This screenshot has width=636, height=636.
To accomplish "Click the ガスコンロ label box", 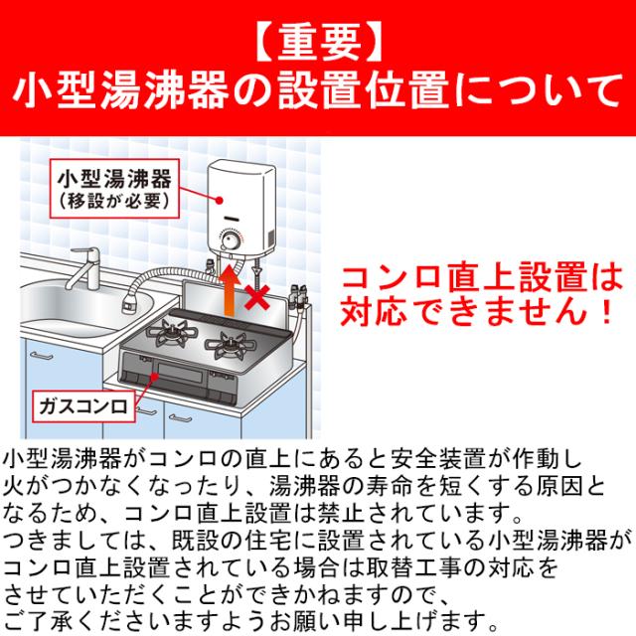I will pyautogui.click(x=80, y=406).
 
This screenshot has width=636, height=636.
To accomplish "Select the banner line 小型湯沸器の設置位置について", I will pyautogui.click(x=318, y=96).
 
